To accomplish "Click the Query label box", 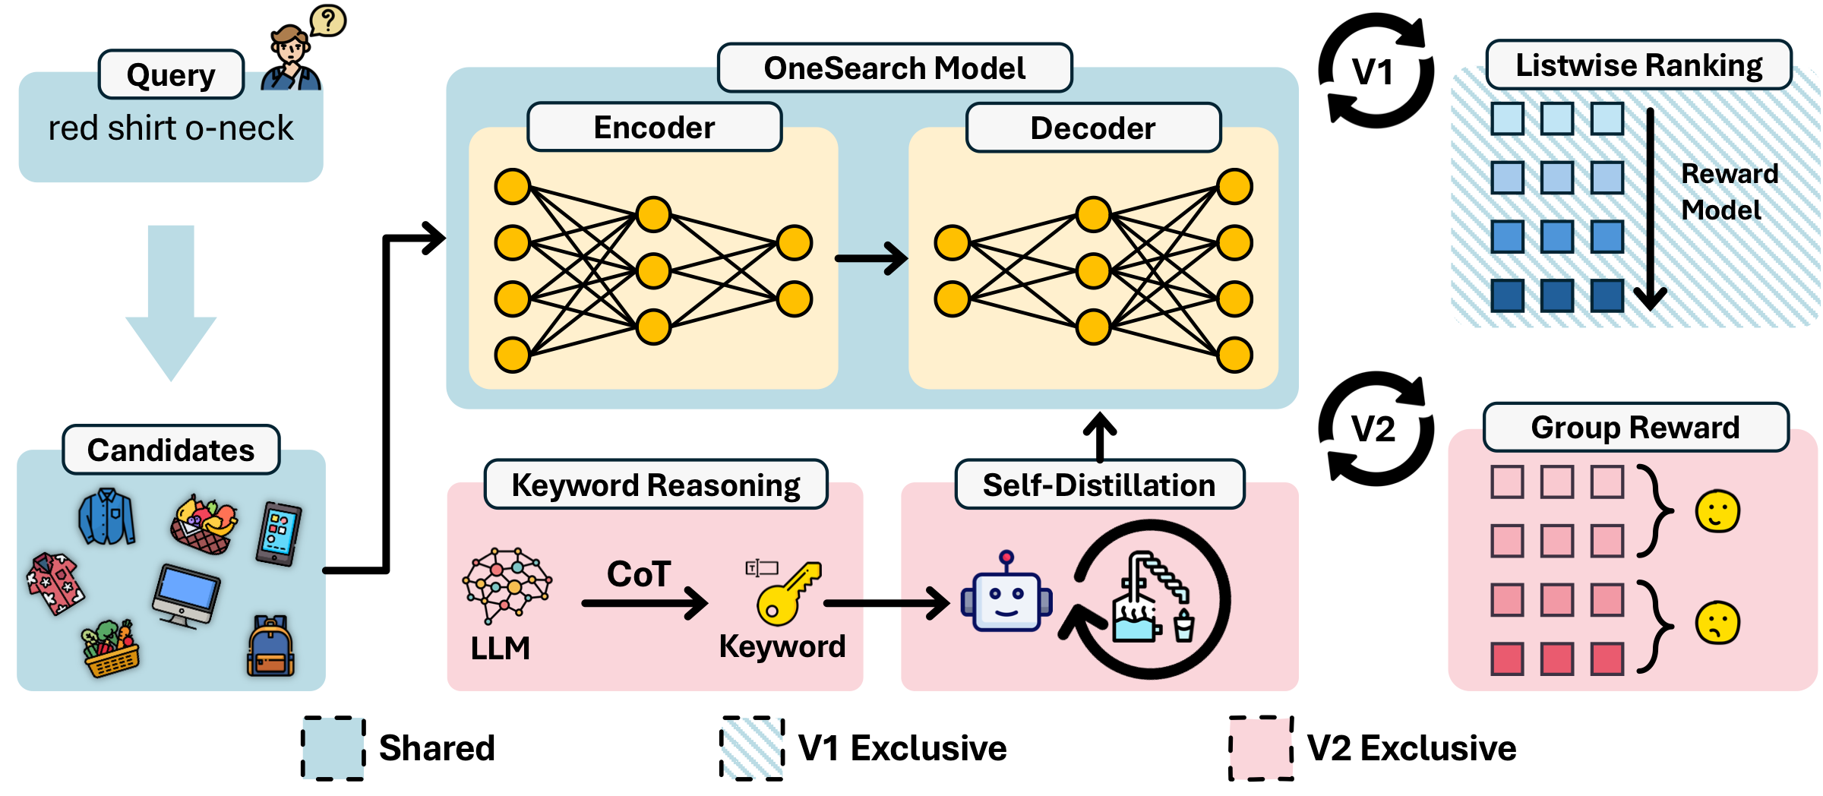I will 171,74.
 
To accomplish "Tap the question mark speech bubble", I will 328,21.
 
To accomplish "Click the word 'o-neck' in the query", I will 239,128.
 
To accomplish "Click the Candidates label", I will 171,450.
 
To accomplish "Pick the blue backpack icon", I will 271,646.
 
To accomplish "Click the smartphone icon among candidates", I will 279,533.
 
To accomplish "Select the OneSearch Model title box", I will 894,68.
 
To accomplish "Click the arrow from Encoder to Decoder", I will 871,258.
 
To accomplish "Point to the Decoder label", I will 1092,128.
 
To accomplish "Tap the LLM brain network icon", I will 507,583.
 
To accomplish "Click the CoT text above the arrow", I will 639,573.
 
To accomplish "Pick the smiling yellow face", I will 1717,511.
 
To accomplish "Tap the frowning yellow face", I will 1717,623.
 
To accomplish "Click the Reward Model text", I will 1728,191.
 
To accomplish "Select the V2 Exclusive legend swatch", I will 1261,748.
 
